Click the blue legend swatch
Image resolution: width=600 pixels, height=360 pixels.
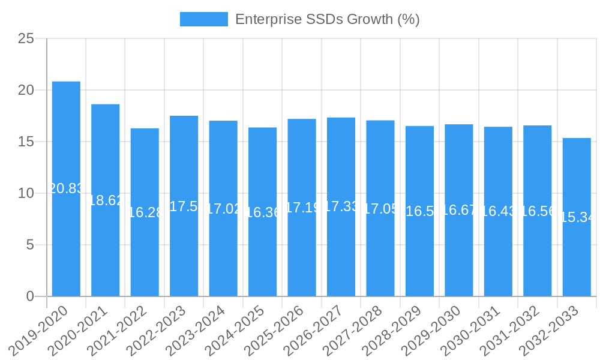click(x=204, y=19)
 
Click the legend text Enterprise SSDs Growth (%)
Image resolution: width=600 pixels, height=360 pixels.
click(x=327, y=19)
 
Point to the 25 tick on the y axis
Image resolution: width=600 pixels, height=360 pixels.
click(x=26, y=39)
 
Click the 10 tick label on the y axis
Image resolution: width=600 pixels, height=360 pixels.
click(x=26, y=194)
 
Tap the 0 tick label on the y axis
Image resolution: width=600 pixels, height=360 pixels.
click(x=31, y=296)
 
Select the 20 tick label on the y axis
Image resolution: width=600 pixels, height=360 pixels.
click(x=26, y=91)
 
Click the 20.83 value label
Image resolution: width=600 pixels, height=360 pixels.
click(x=66, y=188)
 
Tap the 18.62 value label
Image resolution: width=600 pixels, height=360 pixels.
click(x=106, y=200)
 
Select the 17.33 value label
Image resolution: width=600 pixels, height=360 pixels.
click(x=341, y=207)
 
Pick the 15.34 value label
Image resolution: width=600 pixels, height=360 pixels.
click(x=577, y=217)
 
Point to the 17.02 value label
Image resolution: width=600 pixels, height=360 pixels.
click(x=223, y=209)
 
